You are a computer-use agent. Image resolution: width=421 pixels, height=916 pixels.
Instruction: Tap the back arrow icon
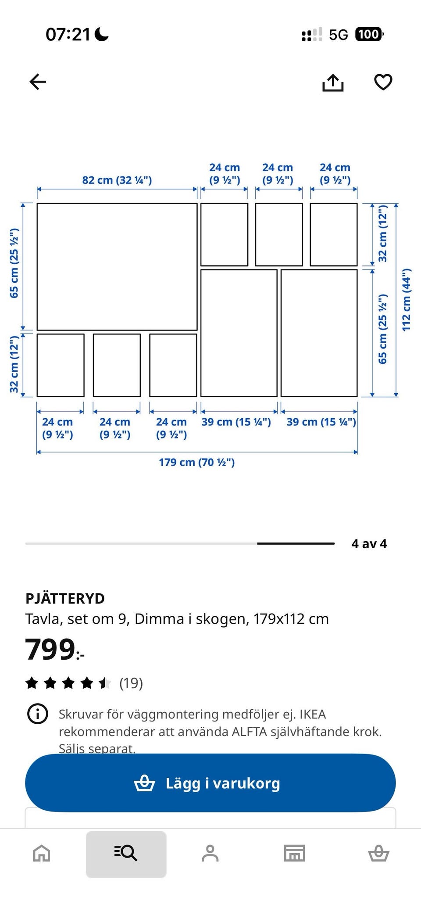point(38,82)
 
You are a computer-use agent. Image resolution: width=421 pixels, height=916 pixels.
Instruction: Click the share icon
point(333,83)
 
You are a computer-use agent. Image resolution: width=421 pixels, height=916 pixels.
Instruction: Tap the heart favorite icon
point(383,82)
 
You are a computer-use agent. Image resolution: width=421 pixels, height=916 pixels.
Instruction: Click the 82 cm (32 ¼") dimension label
point(117,180)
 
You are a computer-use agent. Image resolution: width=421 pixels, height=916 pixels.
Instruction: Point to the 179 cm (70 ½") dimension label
point(196,462)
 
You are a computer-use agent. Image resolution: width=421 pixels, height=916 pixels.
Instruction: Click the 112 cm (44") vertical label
point(407,299)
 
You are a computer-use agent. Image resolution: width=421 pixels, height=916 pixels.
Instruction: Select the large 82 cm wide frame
point(117,266)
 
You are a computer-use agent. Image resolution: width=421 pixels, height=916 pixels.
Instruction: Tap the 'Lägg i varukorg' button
point(210,783)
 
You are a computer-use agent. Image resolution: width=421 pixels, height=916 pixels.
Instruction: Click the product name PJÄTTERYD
point(65,598)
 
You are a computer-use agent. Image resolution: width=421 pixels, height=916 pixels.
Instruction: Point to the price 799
point(50,650)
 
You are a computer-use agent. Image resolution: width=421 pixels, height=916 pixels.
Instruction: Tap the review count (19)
point(131,683)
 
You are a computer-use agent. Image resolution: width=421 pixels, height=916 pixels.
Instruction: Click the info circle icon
point(38,714)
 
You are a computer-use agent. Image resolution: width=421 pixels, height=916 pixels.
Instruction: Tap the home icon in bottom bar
point(42,854)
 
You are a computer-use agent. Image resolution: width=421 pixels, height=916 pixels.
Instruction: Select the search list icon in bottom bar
point(126,854)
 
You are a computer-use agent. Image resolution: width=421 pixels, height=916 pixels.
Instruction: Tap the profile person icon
point(210,854)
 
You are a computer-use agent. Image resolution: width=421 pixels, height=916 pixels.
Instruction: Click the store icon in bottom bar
point(294,854)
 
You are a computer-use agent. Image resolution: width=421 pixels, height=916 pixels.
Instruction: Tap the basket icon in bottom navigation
point(378,854)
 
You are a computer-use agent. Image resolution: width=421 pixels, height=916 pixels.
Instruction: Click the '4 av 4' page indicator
point(369,544)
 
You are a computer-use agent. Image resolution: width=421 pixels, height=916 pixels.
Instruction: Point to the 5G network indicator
point(338,35)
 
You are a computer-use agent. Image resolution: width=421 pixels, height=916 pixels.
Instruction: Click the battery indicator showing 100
point(369,34)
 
